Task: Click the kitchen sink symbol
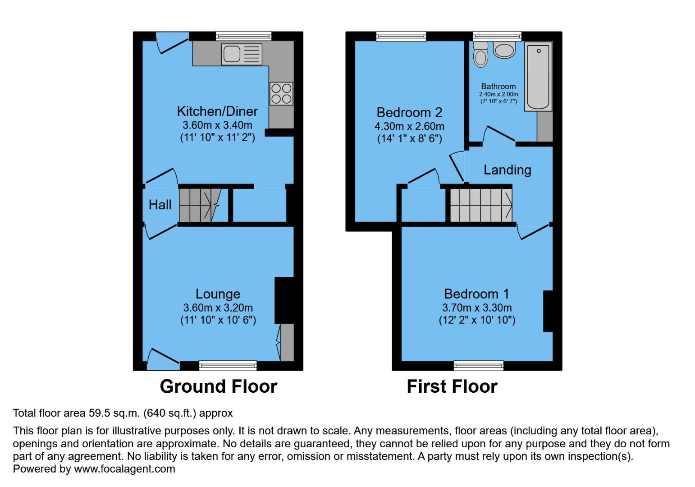coord(242,54)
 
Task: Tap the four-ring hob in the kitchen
coord(281,94)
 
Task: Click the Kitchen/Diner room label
coord(217,111)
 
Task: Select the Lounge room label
coord(218,294)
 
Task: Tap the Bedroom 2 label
coord(409,112)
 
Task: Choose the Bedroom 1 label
coord(476,294)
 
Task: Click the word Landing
coord(507,170)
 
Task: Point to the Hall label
coord(160,205)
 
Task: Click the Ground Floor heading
coord(218,387)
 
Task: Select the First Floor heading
coord(452,387)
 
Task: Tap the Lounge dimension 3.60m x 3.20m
coord(218,308)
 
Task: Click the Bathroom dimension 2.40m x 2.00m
coord(498,94)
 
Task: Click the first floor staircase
coord(480,205)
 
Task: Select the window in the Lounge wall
coord(228,366)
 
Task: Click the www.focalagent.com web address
coord(124,469)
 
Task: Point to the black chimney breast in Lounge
coord(284,300)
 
